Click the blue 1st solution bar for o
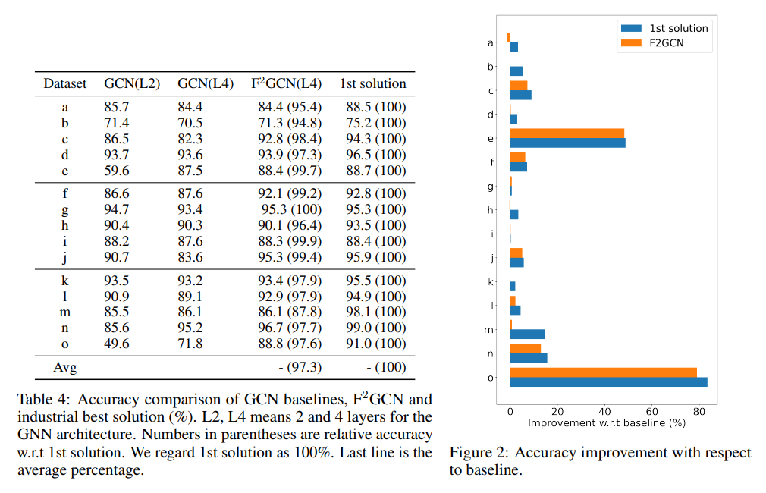608,382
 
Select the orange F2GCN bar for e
567,133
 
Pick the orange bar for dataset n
525,348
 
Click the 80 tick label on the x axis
700,410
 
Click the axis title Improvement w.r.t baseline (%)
606,422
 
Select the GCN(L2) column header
132,83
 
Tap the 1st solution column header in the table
372,83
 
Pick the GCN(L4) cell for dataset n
190,328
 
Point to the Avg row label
65,368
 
